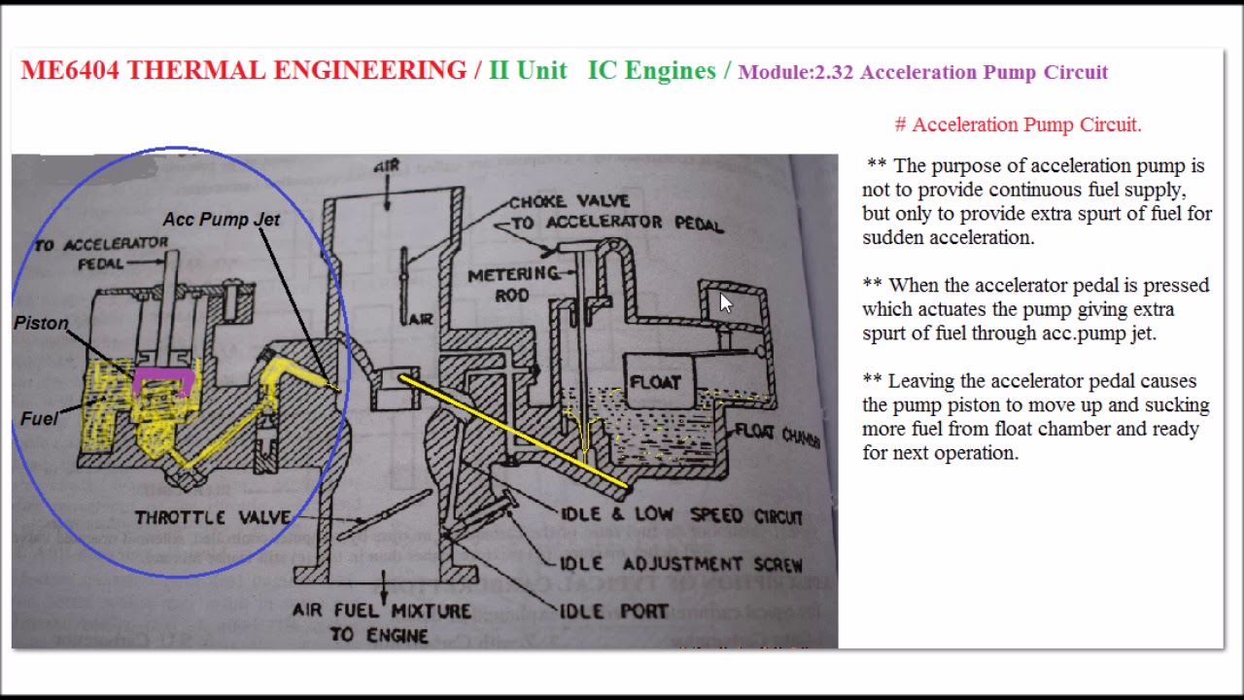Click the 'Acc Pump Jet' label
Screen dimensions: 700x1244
click(x=221, y=220)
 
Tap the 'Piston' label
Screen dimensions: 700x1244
click(x=41, y=324)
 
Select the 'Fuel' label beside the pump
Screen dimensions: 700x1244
click(x=39, y=419)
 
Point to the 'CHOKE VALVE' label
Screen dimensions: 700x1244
click(x=570, y=202)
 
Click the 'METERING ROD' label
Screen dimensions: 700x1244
click(x=513, y=285)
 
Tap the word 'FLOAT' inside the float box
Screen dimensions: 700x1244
click(x=655, y=382)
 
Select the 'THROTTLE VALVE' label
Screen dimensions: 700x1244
click(x=212, y=517)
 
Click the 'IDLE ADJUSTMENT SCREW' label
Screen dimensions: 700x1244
click(x=680, y=564)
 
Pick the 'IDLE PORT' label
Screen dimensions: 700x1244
click(x=613, y=612)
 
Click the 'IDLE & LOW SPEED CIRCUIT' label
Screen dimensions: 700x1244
click(x=681, y=514)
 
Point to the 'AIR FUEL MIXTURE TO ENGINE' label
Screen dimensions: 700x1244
click(x=381, y=623)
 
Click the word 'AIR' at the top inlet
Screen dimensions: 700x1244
click(x=387, y=166)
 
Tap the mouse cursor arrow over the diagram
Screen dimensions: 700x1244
click(x=725, y=302)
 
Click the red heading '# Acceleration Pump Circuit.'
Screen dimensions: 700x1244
click(x=1018, y=124)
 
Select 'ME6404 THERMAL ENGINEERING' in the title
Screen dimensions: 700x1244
click(x=243, y=71)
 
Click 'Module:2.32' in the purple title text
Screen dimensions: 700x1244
click(x=795, y=72)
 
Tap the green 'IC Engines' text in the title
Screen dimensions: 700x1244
click(x=651, y=71)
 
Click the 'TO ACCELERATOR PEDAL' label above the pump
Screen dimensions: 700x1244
click(x=101, y=254)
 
